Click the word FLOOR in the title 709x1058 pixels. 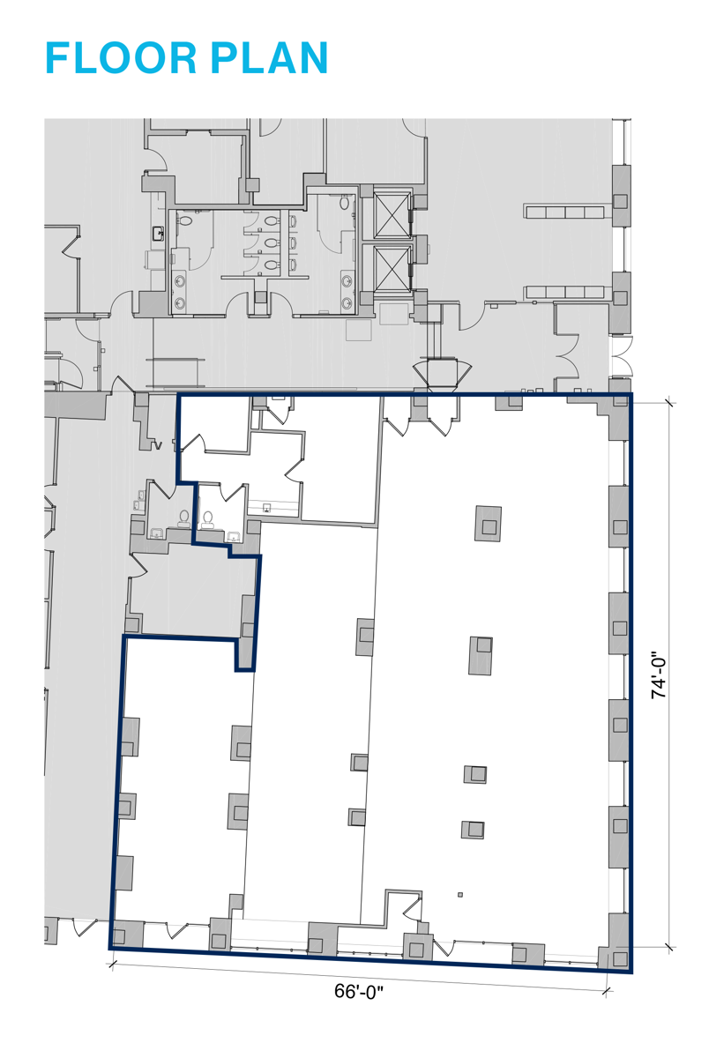tap(121, 58)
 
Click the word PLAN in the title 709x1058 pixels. tap(269, 58)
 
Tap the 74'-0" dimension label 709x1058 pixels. tap(659, 675)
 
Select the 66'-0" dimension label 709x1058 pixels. tap(359, 991)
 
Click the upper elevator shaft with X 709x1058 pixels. tap(392, 215)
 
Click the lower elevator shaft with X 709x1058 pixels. tap(392, 268)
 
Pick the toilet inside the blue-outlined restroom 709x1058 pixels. tap(207, 519)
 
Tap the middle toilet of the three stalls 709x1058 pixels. tap(270, 243)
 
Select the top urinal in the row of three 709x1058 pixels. tap(293, 221)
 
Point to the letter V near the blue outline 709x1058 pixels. tap(158, 445)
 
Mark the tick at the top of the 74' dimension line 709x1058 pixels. tap(668, 403)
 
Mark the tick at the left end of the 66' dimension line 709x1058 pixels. tap(112, 965)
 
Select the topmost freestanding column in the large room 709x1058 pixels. tap(488, 524)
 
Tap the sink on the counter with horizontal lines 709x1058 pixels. tap(267, 508)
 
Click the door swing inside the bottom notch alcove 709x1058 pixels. tap(413, 909)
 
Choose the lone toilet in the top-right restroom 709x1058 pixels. tap(344, 203)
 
